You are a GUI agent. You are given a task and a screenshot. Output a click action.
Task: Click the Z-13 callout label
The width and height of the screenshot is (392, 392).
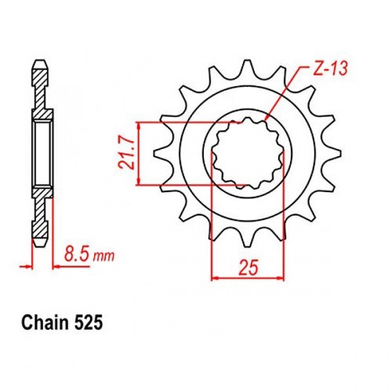[x=331, y=69]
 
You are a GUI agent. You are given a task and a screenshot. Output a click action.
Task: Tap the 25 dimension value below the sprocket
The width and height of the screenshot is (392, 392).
[x=249, y=267]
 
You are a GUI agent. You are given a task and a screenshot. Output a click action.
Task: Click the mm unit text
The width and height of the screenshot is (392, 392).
[x=103, y=256]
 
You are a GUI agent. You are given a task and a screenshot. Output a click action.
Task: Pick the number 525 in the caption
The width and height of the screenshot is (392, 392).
[x=89, y=324]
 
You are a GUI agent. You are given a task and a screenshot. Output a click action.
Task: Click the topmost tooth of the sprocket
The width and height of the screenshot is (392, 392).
[x=247, y=67]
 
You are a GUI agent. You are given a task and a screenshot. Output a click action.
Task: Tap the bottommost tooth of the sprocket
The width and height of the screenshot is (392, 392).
[x=247, y=240]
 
